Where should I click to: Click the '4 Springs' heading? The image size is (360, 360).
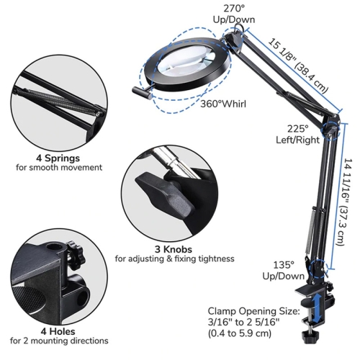coord(58,158)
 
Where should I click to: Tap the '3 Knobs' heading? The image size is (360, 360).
coord(174,249)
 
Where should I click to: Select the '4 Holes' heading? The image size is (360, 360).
coord(58,331)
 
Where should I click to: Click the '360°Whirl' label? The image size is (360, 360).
coord(223,104)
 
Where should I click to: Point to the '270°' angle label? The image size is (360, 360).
coord(234,9)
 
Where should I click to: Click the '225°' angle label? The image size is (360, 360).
coord(298,129)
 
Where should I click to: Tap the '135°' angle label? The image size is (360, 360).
coord(284,265)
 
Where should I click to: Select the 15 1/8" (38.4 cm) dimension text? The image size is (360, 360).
coord(297,66)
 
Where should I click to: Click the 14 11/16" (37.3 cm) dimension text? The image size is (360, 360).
coord(347,202)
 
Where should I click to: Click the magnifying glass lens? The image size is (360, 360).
coord(186,60)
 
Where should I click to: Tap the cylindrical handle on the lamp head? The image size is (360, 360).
coord(142,93)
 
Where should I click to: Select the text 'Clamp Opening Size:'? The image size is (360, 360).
coord(253,311)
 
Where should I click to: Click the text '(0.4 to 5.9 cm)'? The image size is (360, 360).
coord(240,333)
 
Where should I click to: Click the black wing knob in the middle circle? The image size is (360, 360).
coord(165,194)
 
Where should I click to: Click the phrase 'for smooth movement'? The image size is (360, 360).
coord(59,167)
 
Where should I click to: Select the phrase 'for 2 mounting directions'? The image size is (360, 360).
coord(59,341)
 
